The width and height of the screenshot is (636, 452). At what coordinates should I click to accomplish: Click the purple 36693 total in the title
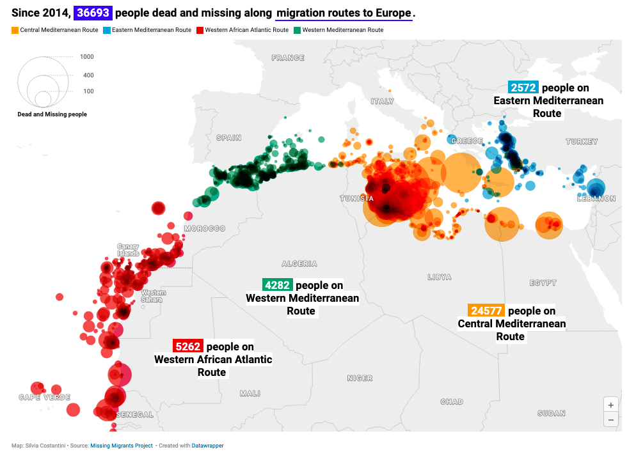pos(93,13)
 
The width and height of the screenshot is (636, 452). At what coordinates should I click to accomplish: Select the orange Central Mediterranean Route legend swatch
pos(15,30)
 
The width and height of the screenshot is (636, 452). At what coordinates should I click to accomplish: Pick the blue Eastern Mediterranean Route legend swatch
pos(107,30)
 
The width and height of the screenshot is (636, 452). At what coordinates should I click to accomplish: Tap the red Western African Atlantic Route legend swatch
pos(200,30)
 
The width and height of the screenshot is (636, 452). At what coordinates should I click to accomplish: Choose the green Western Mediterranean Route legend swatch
pos(298,30)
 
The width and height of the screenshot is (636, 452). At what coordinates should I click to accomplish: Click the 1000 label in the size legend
pos(87,57)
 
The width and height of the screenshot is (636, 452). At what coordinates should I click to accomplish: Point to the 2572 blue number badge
pos(523,88)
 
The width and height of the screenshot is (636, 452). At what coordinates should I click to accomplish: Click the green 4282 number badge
pos(277,285)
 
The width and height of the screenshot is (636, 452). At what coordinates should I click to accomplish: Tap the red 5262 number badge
pos(188,347)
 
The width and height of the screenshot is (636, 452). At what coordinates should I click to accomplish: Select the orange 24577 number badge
pos(487,311)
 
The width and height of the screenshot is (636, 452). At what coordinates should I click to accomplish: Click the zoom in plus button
pos(611,405)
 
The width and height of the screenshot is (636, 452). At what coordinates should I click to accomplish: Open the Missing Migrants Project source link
pos(122,446)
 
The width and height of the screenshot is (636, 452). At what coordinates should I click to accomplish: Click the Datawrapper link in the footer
pos(207,446)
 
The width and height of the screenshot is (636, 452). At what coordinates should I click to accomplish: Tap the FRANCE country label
pos(288,58)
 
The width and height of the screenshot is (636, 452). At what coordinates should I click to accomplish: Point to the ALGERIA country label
pos(299,263)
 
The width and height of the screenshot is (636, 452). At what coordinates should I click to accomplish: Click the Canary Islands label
pos(128,250)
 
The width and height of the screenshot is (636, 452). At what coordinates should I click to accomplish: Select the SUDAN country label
pos(551,414)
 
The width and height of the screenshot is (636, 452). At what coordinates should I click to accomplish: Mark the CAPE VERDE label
pos(44,397)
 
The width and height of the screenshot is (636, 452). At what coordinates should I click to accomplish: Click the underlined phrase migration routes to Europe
pos(344,13)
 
